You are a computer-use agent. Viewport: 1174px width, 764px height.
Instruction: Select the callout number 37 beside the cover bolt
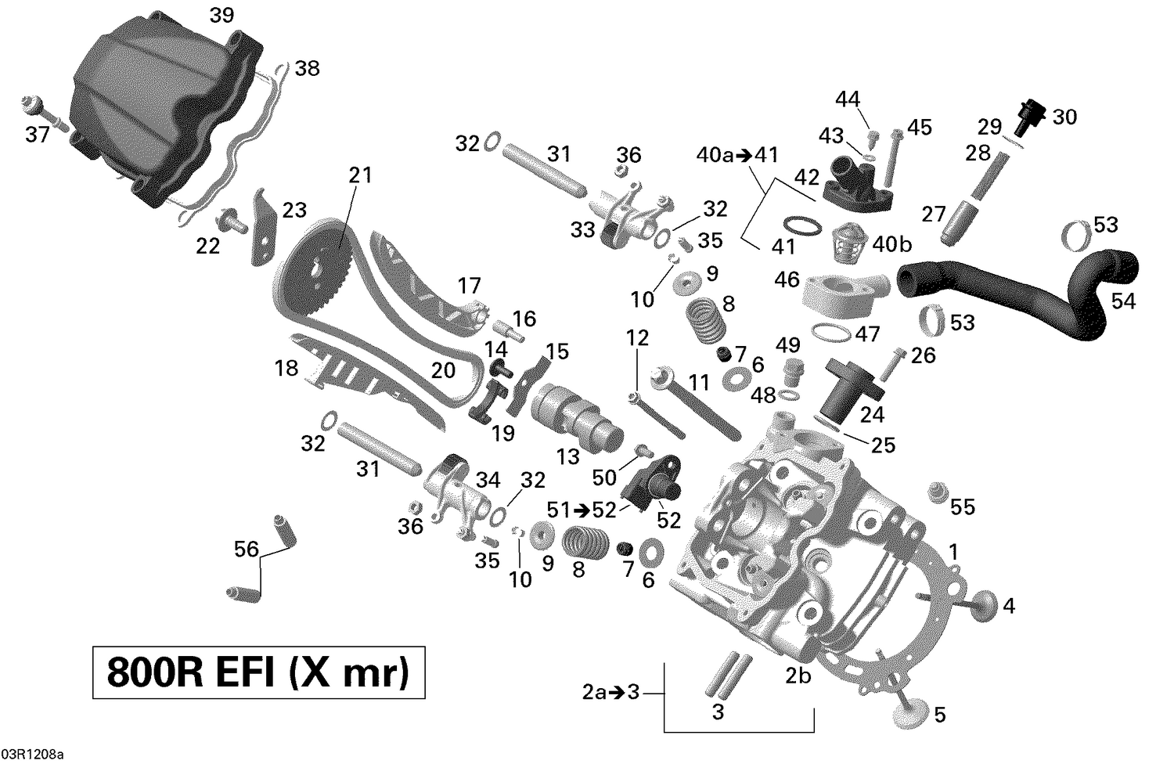(38, 135)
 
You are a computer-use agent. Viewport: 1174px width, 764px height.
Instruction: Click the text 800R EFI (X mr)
(258, 672)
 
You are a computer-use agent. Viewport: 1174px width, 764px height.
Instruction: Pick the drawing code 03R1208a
(32, 755)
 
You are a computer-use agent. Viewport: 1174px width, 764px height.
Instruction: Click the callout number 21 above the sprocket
(360, 175)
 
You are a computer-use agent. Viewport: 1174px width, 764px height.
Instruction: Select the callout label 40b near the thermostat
(892, 244)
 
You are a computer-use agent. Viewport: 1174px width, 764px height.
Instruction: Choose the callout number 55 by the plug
(963, 507)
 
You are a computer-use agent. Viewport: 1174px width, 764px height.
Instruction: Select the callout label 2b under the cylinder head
(798, 676)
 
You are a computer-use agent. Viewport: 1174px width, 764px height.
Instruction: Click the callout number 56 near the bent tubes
(247, 550)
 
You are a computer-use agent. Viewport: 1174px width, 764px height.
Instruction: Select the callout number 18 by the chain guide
(287, 367)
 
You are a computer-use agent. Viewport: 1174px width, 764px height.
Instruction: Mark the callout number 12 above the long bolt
(638, 338)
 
